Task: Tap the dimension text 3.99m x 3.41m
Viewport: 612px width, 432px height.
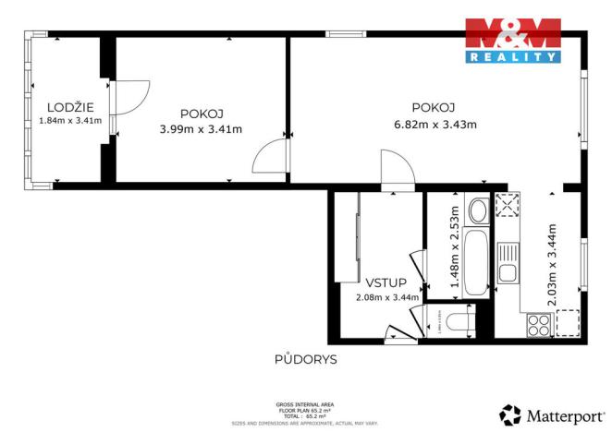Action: point(201,128)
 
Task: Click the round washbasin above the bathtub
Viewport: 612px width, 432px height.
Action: point(478,212)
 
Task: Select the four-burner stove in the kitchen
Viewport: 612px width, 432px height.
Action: point(538,325)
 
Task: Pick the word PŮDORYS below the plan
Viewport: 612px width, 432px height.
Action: point(305,359)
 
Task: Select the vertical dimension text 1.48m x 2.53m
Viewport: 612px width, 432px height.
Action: point(454,247)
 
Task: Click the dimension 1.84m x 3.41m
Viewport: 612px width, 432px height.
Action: point(70,120)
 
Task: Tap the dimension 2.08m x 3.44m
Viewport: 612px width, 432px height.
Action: point(387,297)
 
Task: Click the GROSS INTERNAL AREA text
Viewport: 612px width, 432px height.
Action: point(305,404)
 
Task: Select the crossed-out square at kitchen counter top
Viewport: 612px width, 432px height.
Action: point(507,206)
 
